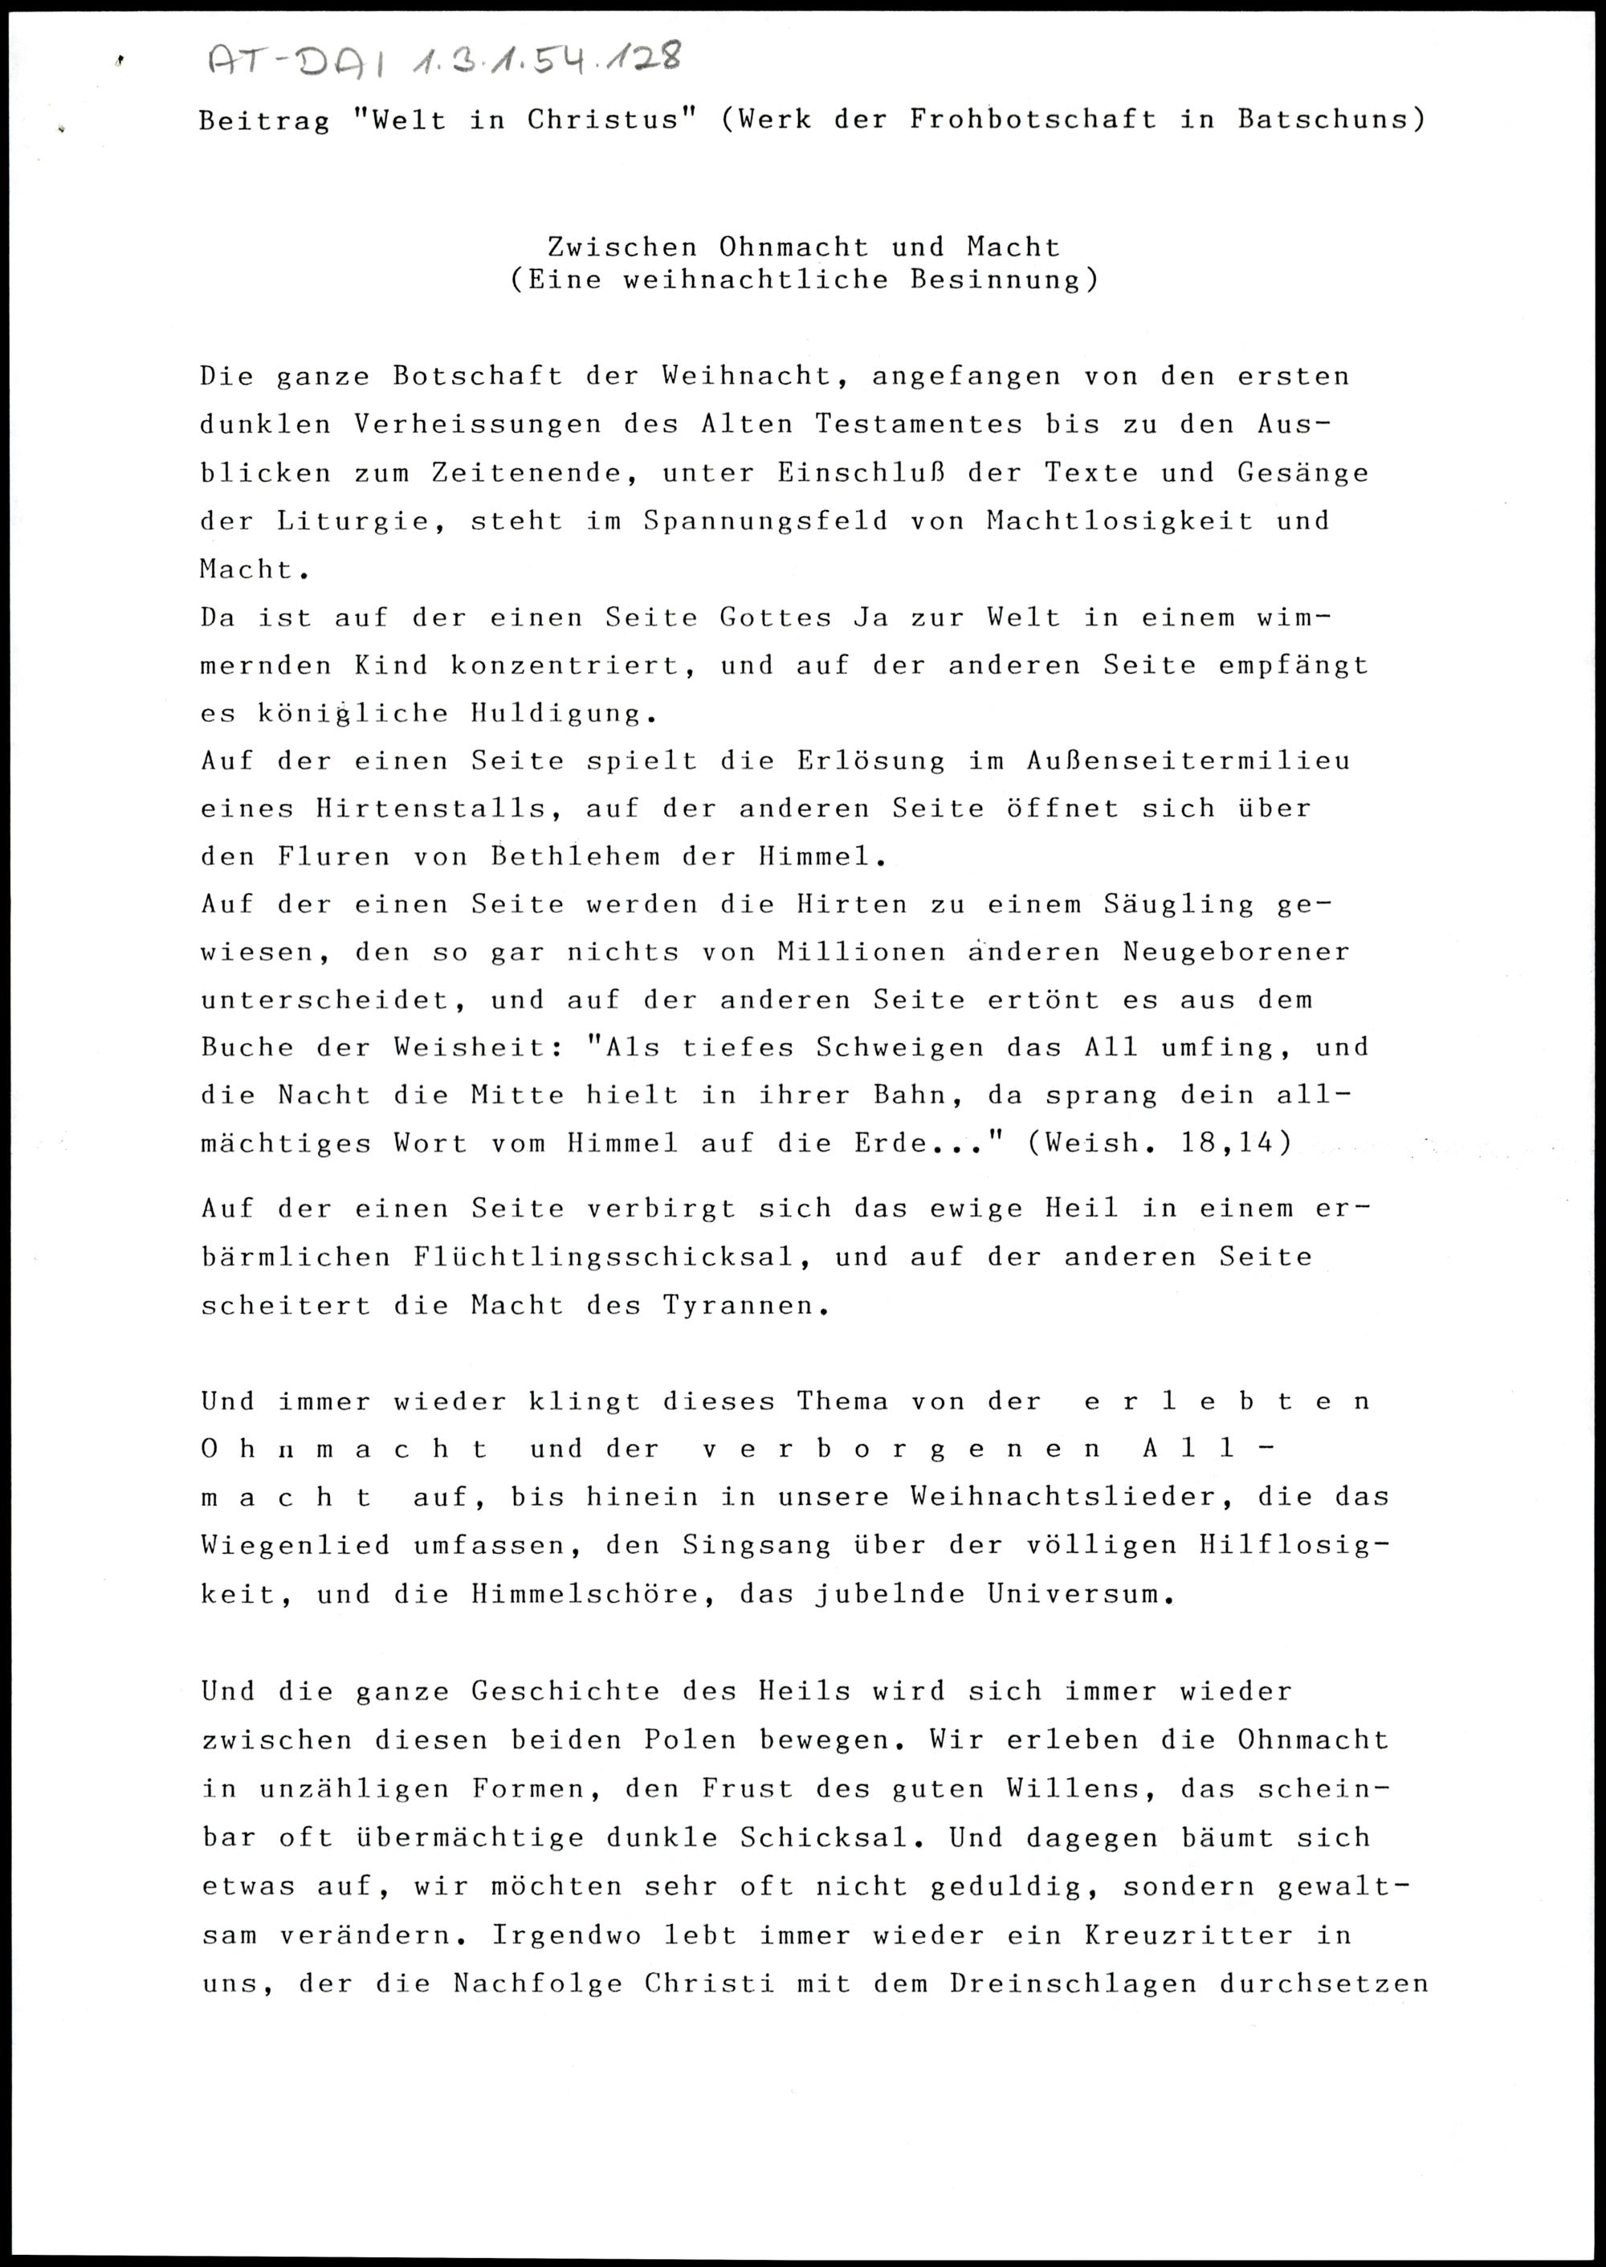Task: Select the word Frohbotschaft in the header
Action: pos(1033,120)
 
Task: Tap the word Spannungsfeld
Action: pos(765,521)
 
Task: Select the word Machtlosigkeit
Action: pos(1119,521)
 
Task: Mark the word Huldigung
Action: pos(555,714)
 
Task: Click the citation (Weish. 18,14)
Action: pos(1160,1144)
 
